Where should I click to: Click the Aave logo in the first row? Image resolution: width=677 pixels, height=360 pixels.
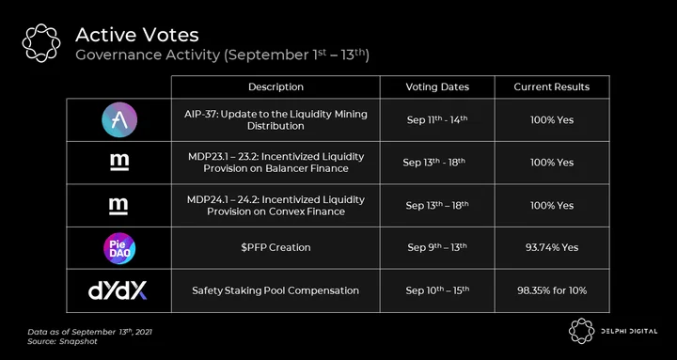[x=119, y=120]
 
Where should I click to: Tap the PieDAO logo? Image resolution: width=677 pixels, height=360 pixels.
[x=119, y=248]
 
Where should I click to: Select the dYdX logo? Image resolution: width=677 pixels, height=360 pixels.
[x=118, y=290]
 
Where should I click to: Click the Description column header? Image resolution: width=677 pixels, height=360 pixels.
[x=276, y=86]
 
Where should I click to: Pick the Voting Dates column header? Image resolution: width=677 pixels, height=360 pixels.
[x=437, y=86]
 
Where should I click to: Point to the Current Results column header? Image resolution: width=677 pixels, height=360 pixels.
[x=551, y=86]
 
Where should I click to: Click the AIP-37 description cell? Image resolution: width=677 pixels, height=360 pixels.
[x=276, y=120]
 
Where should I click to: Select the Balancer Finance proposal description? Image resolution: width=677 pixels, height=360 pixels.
[x=276, y=163]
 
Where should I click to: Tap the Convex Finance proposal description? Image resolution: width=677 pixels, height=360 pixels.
[x=276, y=206]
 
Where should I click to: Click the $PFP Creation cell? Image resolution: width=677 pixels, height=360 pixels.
[x=276, y=248]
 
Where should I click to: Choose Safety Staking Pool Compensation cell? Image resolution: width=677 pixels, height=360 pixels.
[x=276, y=290]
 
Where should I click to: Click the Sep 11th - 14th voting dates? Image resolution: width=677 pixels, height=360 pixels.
[x=437, y=119]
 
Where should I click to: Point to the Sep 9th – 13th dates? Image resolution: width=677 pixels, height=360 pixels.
[x=437, y=247]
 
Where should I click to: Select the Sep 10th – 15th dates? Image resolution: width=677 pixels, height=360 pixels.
[x=437, y=290]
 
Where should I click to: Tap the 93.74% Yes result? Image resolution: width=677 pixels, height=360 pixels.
[x=551, y=248]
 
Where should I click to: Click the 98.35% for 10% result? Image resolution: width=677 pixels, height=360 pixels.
[x=552, y=290]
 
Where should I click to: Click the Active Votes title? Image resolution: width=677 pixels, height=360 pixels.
[x=137, y=35]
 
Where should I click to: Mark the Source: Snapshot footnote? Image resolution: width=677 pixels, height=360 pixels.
[x=62, y=341]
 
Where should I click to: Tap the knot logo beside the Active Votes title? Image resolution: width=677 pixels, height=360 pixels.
[x=41, y=42]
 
